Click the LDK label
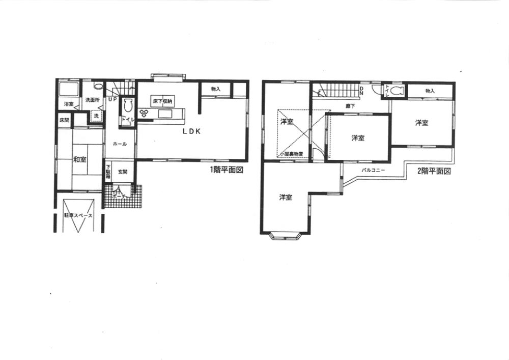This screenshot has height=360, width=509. coord(192,131)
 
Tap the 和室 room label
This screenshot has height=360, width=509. coord(79,159)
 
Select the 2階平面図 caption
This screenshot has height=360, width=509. coord(434,171)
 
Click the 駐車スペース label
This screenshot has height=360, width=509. coord(78,216)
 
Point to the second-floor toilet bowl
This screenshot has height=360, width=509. coord(397,91)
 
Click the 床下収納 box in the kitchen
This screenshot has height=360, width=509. coord(163,101)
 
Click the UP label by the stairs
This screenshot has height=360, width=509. coord(112,99)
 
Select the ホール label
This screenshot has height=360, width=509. coord(120,144)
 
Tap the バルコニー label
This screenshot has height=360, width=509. coord(373,170)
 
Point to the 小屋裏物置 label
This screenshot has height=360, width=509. coord(292,153)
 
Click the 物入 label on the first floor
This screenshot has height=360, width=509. coord(215,90)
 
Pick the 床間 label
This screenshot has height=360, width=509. coord(64,121)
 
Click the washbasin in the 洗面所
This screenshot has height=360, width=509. coord(98,87)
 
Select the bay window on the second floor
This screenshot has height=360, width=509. coord(285,235)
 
